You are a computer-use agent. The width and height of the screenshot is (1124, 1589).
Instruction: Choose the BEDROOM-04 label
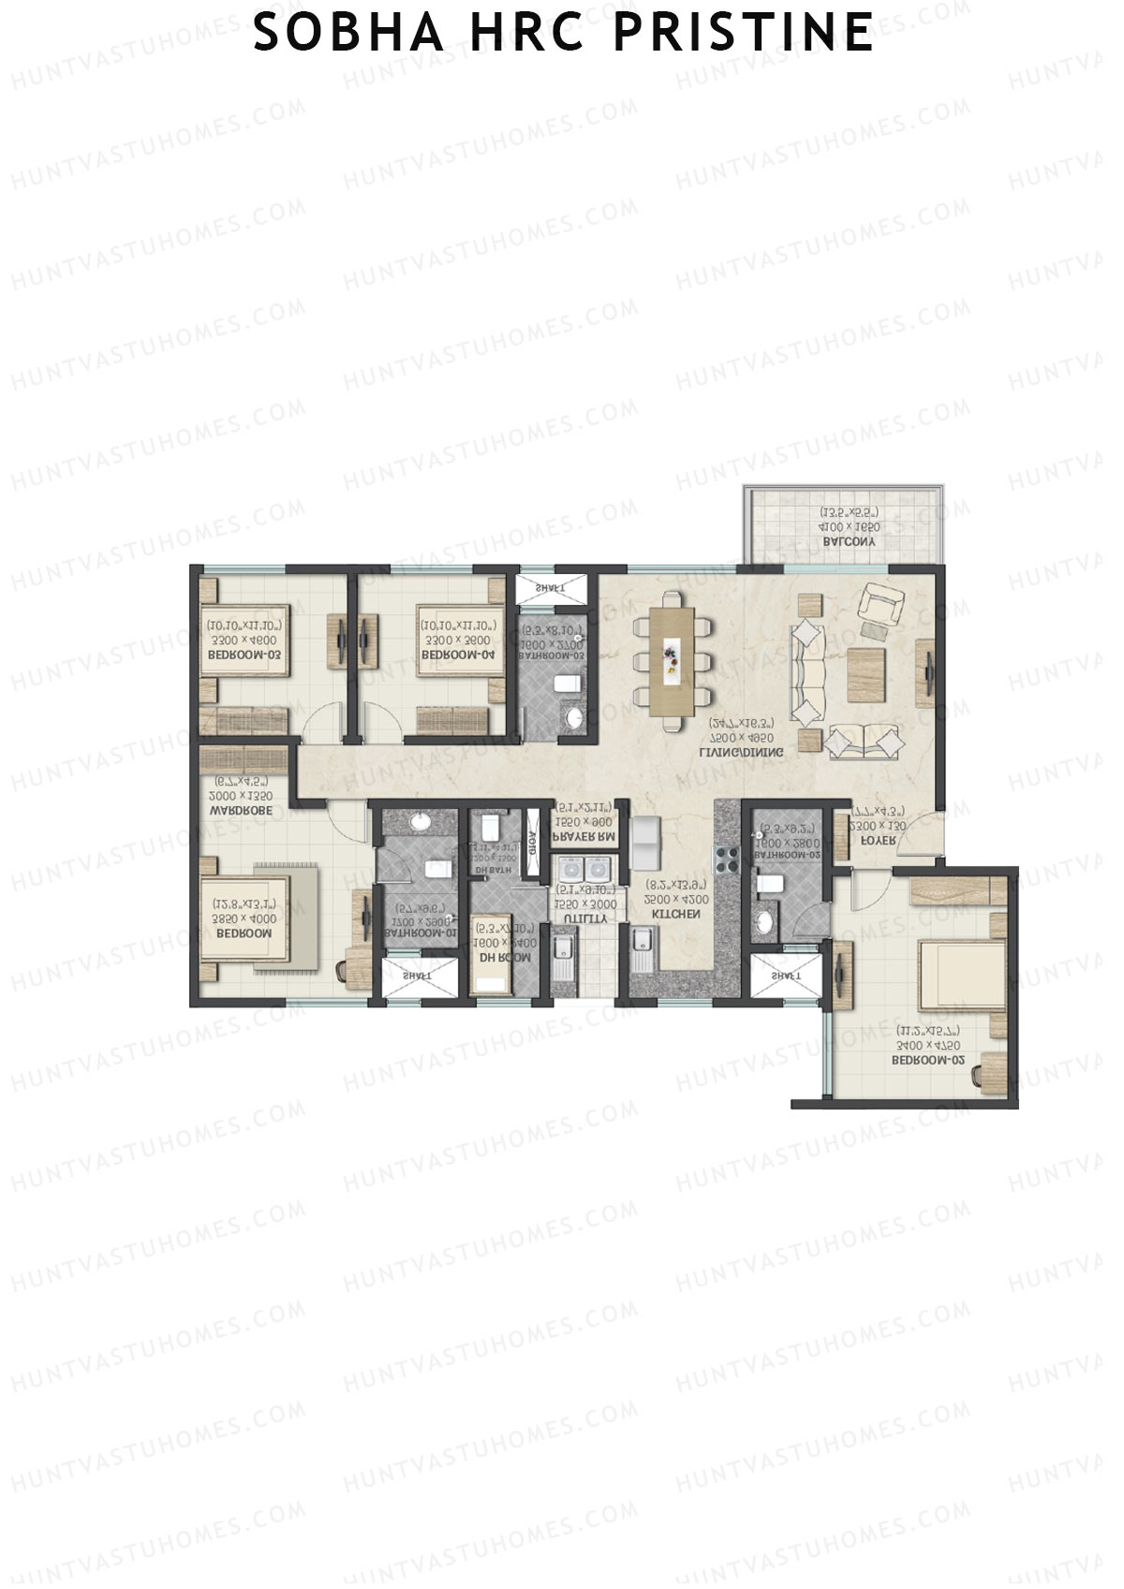[x=456, y=655]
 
